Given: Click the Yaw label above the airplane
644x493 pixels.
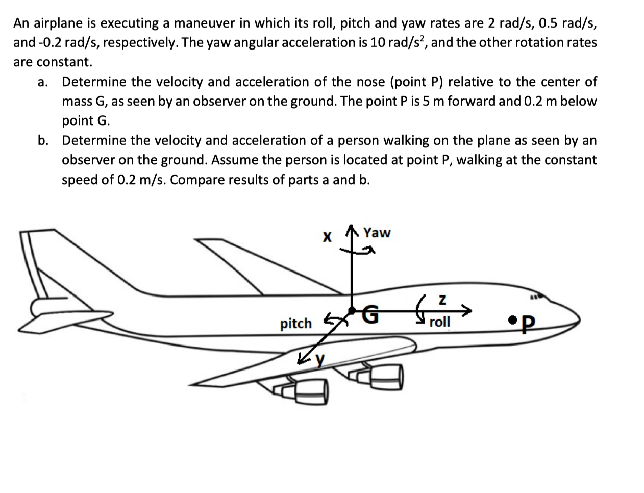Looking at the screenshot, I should pyautogui.click(x=377, y=233).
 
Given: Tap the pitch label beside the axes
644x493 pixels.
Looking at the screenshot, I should pyautogui.click(x=295, y=323).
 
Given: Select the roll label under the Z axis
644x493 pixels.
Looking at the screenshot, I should pyautogui.click(x=439, y=322).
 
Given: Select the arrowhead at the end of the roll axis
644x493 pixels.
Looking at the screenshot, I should pyautogui.click(x=465, y=309).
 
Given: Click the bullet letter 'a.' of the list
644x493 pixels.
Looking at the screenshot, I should pyautogui.click(x=43, y=82).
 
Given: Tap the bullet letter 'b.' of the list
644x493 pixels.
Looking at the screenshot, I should pyautogui.click(x=43, y=140).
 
